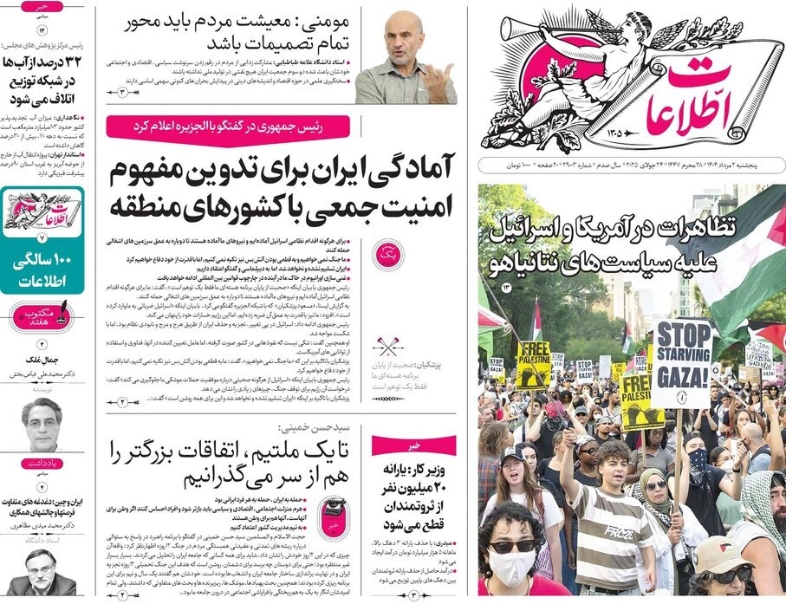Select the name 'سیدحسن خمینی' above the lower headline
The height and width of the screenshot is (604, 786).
pyautogui.click(x=312, y=428)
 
